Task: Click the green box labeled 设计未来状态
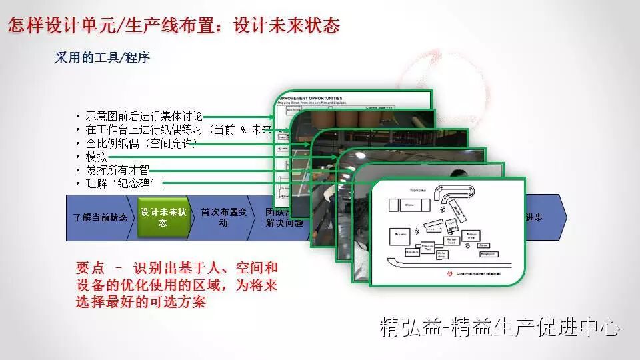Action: click(163, 217)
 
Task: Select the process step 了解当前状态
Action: click(101, 217)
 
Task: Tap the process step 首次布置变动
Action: click(223, 217)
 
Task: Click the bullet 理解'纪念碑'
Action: click(123, 183)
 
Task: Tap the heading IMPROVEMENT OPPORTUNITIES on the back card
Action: click(313, 97)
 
